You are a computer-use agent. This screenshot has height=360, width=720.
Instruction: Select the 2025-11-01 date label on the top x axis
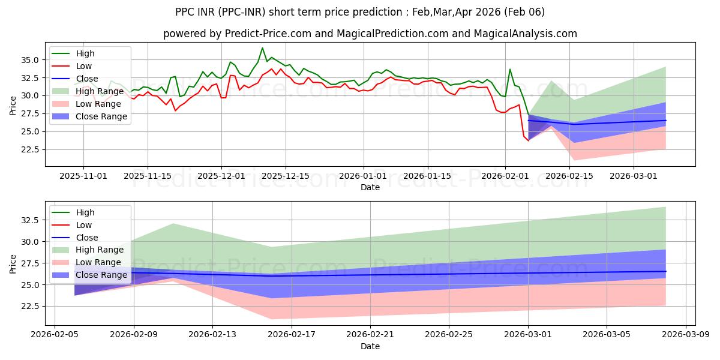coord(83,176)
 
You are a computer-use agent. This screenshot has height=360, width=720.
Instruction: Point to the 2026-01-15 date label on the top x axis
coord(427,176)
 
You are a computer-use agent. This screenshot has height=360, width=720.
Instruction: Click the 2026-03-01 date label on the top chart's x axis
coord(633,176)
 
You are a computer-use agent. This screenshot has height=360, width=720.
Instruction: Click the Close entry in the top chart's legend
coord(87,79)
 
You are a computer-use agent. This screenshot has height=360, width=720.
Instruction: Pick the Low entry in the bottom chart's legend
coord(85,225)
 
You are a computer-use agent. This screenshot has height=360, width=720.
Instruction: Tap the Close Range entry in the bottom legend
coord(102,275)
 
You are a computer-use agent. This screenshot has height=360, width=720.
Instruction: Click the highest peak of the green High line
coord(262,48)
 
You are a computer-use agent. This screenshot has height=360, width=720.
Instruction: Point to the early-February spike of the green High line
coord(510,69)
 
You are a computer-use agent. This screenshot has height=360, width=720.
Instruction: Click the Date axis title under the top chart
coord(370,187)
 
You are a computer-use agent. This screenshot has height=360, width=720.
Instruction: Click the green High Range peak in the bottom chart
coord(173,223)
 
